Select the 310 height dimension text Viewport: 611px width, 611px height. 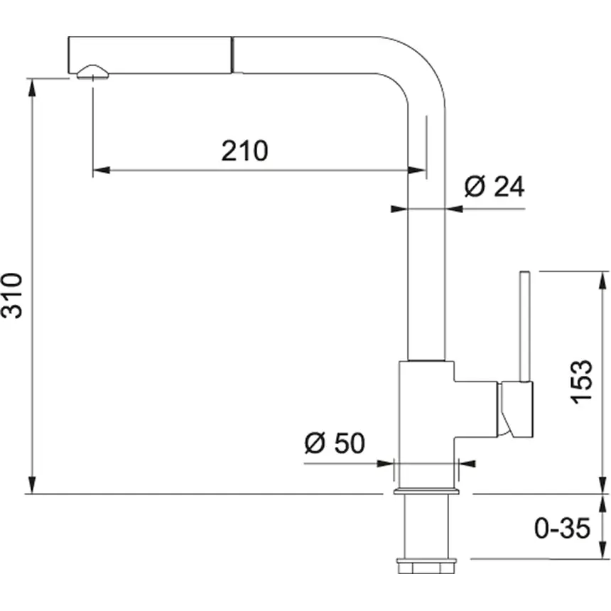16,296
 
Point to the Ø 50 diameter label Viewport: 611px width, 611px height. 334,443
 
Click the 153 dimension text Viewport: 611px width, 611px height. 581,382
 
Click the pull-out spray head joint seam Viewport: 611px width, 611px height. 232,55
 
